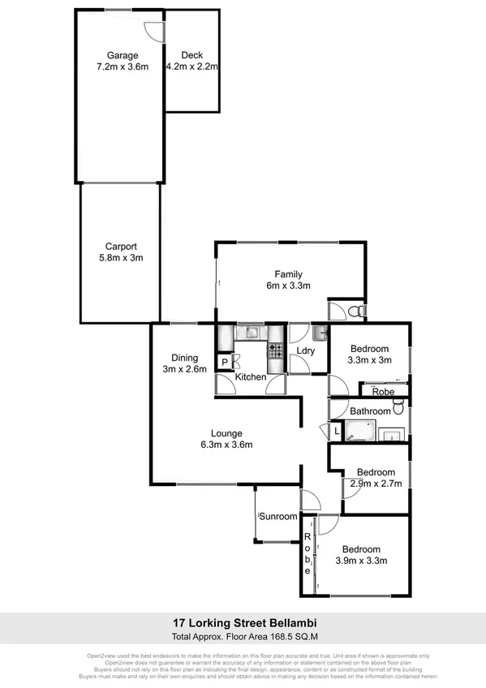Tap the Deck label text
[x=191, y=56]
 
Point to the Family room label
[x=288, y=273]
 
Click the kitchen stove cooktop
[x=275, y=351]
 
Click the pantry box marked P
[x=223, y=362]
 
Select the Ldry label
[x=305, y=351]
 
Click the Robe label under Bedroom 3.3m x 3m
[x=383, y=392]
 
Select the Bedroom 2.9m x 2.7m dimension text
[x=375, y=484]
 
